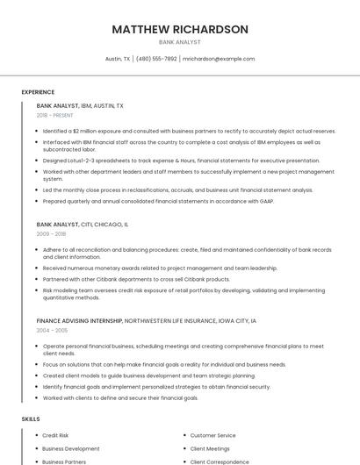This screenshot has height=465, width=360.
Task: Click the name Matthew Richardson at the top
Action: coord(179,30)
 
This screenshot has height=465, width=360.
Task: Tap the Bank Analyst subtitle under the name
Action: coord(179,42)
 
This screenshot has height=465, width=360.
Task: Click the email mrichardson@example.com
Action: coord(219,59)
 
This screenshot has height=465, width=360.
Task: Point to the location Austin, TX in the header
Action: coord(118,59)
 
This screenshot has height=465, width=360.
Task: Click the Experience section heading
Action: coord(38,92)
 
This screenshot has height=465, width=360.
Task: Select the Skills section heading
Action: coord(31,419)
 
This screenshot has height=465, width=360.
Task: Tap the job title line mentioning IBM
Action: coord(80,105)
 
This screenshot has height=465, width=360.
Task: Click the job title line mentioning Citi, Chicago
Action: coord(83,225)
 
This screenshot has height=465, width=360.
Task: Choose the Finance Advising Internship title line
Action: coord(147,321)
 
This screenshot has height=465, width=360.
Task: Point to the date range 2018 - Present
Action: coord(55,115)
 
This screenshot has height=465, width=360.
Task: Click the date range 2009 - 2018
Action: coord(51,234)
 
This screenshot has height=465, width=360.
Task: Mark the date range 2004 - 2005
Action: coord(51,331)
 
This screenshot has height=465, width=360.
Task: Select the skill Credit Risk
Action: coord(55,435)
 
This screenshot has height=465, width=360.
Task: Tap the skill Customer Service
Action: coord(212,435)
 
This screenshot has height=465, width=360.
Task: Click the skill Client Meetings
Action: coord(210,448)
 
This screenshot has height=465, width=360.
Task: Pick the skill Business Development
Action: coord(71,448)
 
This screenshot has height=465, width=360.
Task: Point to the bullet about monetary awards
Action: coord(160,268)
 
